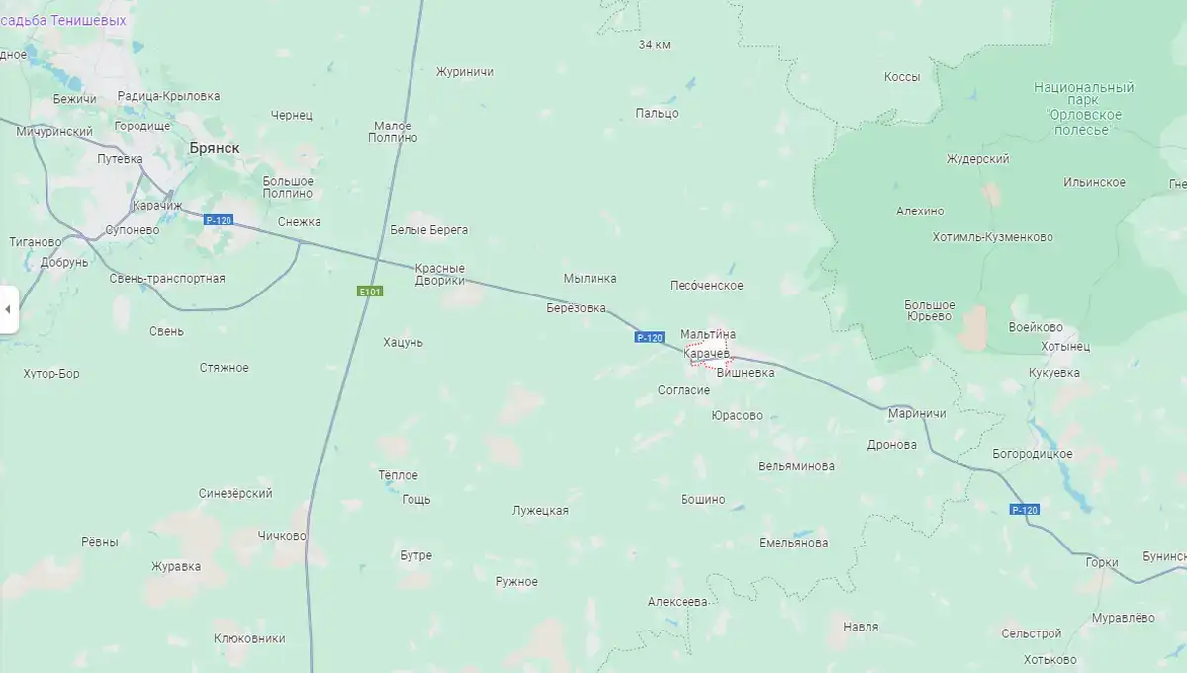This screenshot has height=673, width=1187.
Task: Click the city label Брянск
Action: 214,148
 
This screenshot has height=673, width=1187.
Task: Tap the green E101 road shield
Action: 370,292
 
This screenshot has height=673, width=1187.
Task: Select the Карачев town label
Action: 706,353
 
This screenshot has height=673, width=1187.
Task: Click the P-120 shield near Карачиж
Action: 218,220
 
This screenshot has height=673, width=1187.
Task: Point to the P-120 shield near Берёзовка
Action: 649,338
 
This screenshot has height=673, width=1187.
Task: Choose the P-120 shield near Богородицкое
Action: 1025,510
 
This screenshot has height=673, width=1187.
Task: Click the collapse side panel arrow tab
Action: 8,309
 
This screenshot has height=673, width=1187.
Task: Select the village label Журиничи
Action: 465,72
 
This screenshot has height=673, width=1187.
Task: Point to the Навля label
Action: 860,627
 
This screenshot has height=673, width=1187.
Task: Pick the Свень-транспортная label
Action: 167,278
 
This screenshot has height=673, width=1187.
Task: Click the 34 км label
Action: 655,45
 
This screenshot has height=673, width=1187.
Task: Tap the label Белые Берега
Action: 429,230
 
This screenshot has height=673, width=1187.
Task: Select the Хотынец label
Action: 1065,347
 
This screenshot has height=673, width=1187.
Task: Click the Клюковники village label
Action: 249,638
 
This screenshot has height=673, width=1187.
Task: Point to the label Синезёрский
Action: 235,494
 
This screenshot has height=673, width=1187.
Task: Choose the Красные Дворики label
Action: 439,274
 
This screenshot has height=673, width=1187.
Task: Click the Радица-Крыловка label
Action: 168,96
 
